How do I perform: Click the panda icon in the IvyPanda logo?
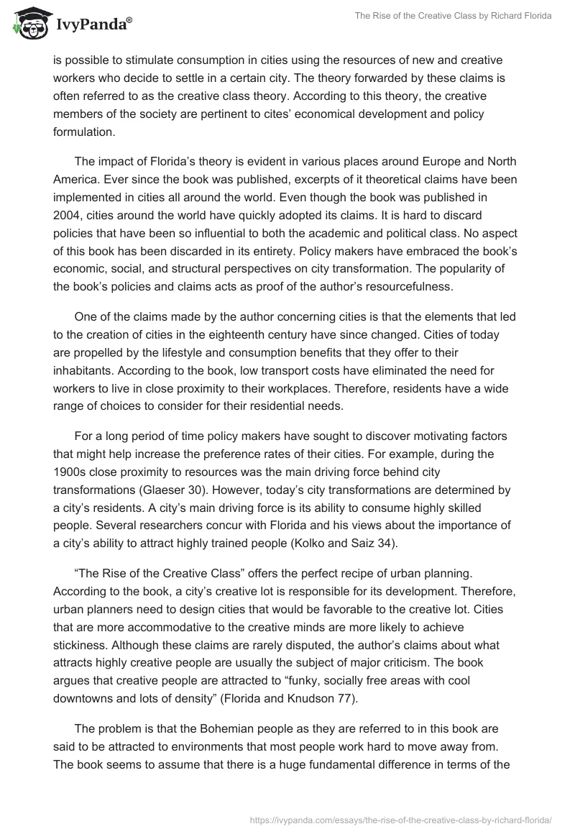point(28,24)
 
